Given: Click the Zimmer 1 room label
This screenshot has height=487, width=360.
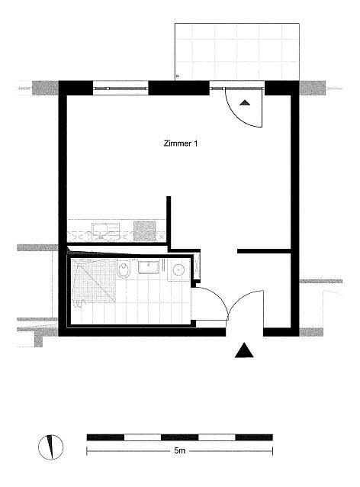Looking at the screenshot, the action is tap(180, 144).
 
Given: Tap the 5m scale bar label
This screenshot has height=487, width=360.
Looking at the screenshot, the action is tap(180, 450).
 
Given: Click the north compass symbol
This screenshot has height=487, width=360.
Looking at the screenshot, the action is tap(50, 447).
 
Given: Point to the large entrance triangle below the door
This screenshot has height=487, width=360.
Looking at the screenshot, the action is tap(244, 350).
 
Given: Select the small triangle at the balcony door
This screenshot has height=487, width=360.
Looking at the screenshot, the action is tap(245, 102).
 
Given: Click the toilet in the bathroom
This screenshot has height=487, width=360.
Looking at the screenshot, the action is tap(124, 269).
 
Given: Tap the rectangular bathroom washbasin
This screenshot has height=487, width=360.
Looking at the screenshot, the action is tap(149, 267).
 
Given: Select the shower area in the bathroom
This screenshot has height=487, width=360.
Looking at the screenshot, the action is tap(94, 280).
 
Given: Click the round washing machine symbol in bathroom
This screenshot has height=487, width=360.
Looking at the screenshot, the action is tap(179, 270).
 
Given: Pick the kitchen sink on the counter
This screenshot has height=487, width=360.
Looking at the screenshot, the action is tap(105, 231).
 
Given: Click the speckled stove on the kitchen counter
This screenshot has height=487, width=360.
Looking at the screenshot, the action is tap(144, 231).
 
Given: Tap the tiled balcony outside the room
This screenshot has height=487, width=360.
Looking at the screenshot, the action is tap(237, 52).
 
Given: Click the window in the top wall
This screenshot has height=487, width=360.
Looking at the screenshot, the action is tap(121, 89).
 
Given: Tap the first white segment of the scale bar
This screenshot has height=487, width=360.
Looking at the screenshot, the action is tap(143, 437).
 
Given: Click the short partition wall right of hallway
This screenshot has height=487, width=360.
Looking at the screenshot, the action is tap(264, 251).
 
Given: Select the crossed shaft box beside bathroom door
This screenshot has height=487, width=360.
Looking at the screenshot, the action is tap(197, 266).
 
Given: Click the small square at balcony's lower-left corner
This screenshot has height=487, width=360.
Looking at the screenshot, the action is tap(177, 76).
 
